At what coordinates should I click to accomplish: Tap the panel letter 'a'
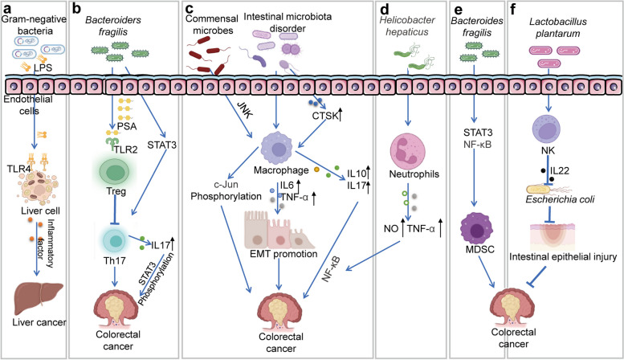(6, 8)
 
